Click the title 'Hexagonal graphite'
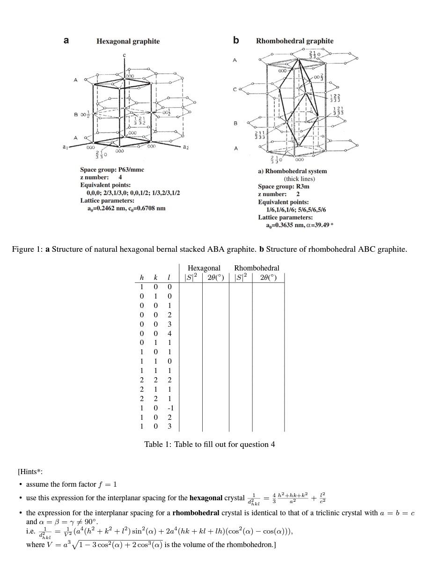(x=128, y=41)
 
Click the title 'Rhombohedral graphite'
(x=294, y=41)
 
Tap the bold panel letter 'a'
(x=66, y=40)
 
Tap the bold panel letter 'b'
(x=236, y=40)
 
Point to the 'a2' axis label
(x=186, y=147)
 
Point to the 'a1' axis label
(x=66, y=147)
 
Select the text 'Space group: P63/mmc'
(x=112, y=170)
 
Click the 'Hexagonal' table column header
(x=204, y=268)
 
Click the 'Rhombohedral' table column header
(x=257, y=268)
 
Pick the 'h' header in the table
(x=142, y=278)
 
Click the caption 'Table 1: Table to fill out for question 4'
(x=209, y=444)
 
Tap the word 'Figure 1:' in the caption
(x=27, y=249)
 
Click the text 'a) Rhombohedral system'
(x=293, y=171)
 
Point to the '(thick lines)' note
(x=299, y=179)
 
